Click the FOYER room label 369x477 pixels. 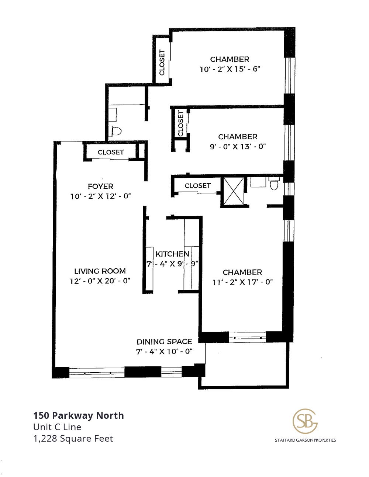(x=100, y=187)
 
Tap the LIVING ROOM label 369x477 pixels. (x=100, y=271)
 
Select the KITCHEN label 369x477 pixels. (x=172, y=254)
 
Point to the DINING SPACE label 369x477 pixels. (x=164, y=342)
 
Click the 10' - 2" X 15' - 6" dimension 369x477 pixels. (x=230, y=69)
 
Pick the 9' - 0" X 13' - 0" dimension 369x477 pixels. (x=238, y=146)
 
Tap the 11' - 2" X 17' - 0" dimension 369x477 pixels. (x=242, y=282)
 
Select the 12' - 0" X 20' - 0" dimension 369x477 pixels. (x=100, y=281)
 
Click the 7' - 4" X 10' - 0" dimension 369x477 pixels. (x=164, y=351)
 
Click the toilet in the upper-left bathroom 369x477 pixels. (x=115, y=131)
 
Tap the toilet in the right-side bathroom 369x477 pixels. (x=274, y=184)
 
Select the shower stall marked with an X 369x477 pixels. (x=234, y=191)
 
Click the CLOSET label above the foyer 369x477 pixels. (x=111, y=152)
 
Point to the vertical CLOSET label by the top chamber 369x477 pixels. (x=162, y=63)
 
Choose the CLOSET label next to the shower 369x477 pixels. (x=197, y=186)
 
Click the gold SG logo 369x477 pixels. (x=305, y=421)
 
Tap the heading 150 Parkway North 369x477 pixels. (x=79, y=415)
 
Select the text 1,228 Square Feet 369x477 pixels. (x=73, y=438)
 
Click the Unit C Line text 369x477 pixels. (x=57, y=427)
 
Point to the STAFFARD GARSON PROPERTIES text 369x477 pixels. (x=305, y=440)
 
